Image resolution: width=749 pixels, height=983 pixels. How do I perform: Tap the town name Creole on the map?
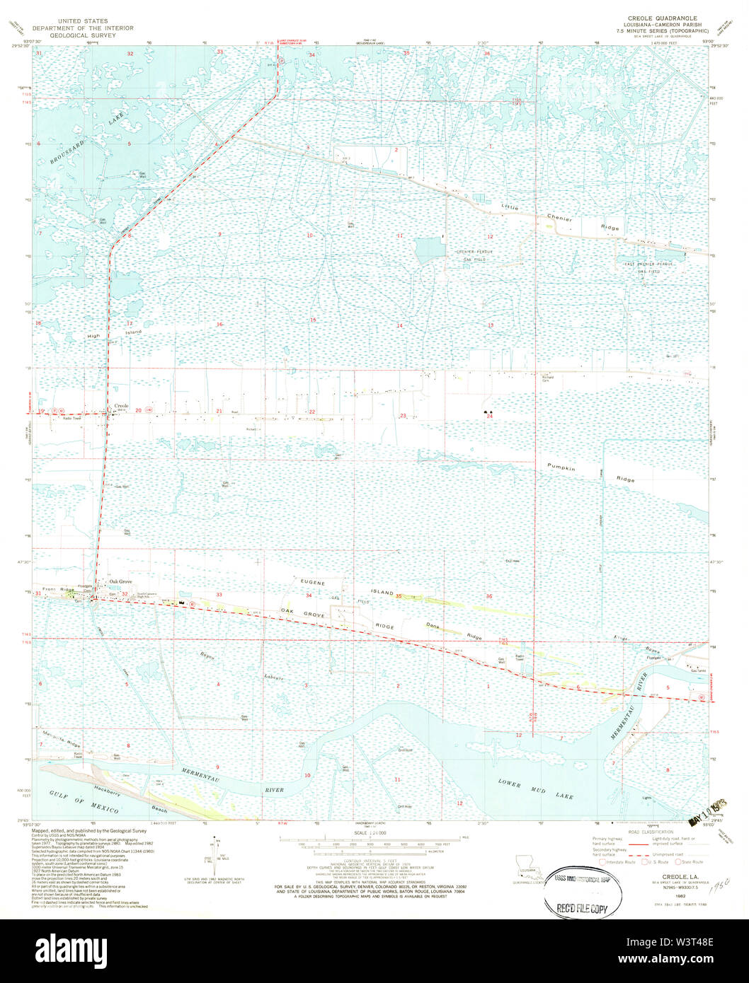(121, 405)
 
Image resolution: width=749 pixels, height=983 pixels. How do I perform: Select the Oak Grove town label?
(120, 581)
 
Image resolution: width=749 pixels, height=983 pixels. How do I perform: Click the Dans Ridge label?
(453, 631)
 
